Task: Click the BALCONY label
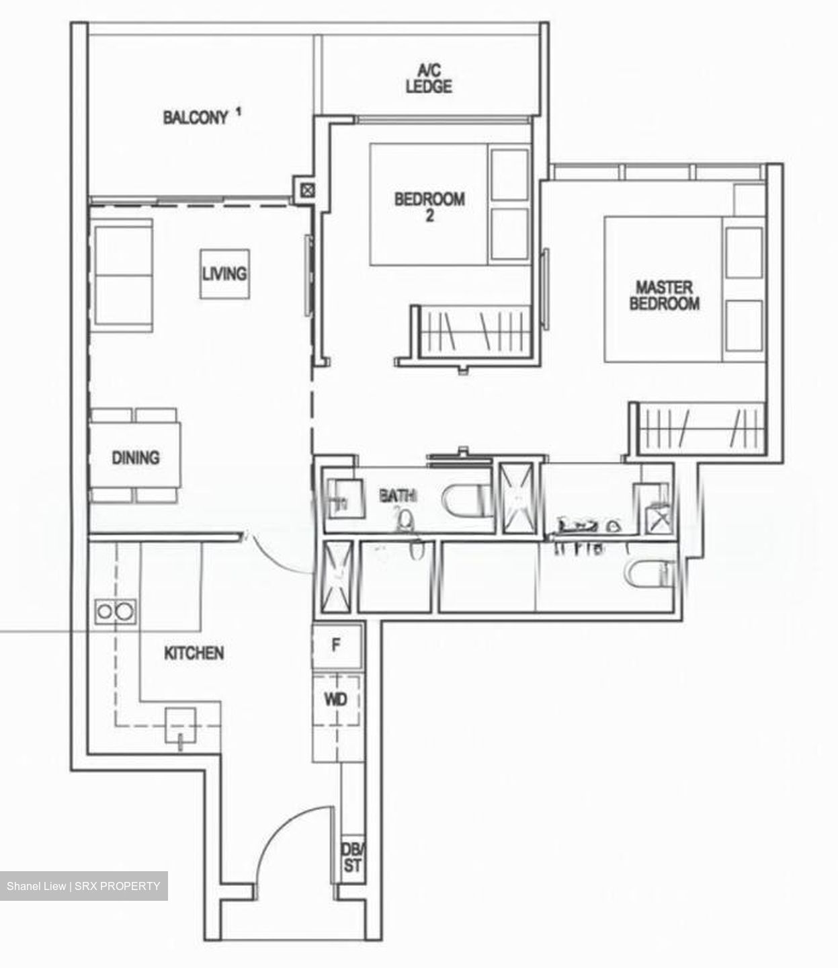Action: tap(196, 118)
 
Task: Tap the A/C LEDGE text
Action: tap(428, 79)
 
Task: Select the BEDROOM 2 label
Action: tap(429, 206)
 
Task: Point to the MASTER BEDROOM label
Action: tap(664, 295)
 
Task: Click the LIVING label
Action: tap(224, 274)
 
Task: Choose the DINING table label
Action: tap(136, 458)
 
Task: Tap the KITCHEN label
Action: tap(194, 653)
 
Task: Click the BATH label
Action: tap(398, 496)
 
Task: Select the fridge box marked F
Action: tap(337, 645)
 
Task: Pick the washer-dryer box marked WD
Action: tap(336, 700)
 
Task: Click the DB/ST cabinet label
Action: tap(351, 858)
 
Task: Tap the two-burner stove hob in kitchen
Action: tap(115, 611)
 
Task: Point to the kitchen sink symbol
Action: tap(181, 726)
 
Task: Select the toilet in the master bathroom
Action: tap(649, 573)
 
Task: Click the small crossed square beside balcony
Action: tap(306, 190)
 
